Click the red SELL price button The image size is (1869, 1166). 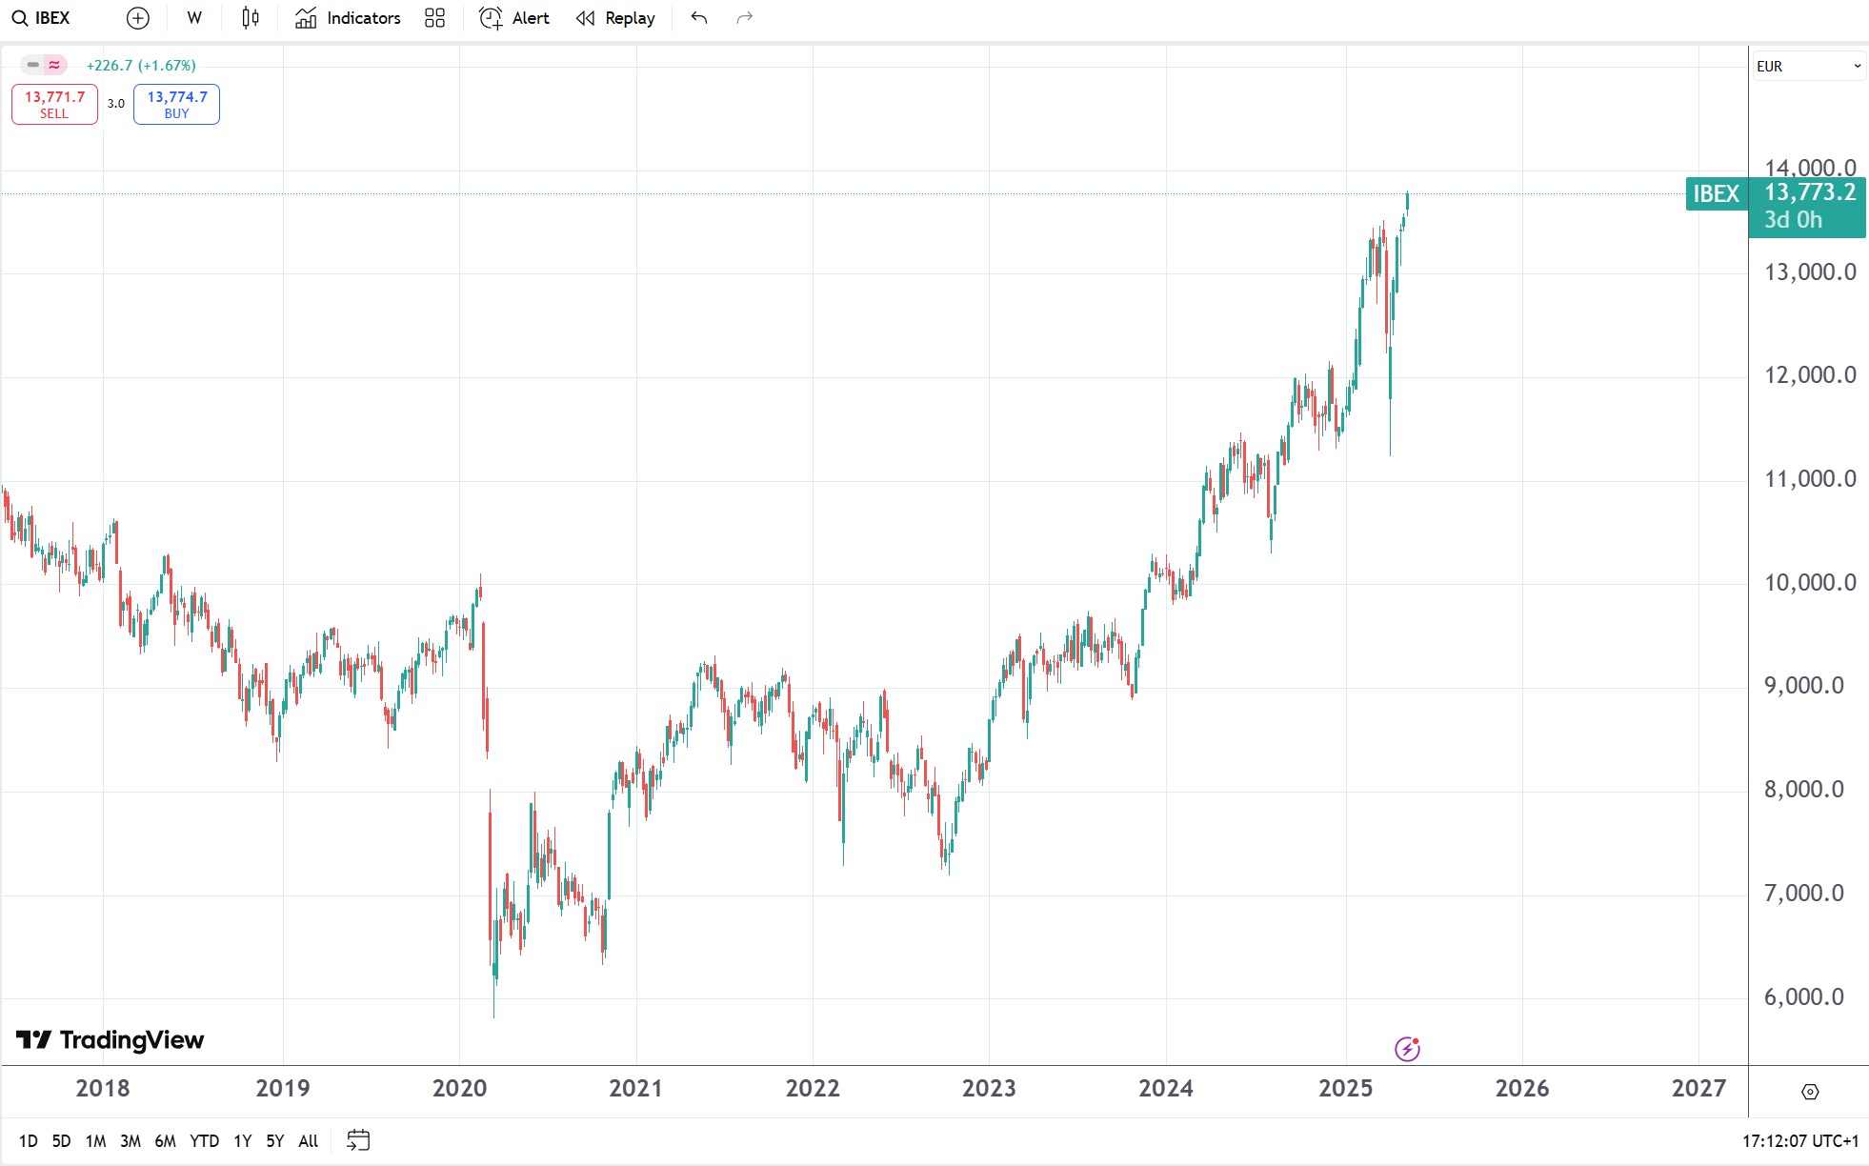54,104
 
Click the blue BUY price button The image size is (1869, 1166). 176,104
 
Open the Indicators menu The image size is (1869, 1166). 348,18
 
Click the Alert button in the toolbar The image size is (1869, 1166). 514,18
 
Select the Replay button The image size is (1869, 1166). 615,18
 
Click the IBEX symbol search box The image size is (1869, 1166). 42,18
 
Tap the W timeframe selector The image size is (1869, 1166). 194,18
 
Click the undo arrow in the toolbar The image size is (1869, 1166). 699,18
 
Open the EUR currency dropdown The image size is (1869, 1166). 1807,66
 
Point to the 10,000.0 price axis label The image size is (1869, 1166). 1809,582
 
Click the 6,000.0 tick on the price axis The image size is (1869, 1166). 1803,996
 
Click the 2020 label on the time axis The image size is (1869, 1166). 459,1088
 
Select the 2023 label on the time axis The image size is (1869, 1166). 989,1088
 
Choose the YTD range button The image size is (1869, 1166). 204,1140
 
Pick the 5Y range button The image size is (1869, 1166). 274,1140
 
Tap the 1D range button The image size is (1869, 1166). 29,1140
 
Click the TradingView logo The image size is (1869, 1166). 111,1039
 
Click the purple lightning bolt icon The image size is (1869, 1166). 1407,1049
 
